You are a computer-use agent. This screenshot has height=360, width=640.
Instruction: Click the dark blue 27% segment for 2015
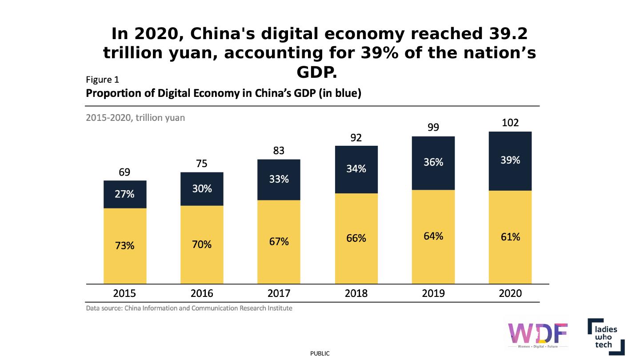125,194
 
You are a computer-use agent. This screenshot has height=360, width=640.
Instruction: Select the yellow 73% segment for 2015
125,245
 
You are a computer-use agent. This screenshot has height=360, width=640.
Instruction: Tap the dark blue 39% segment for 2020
510,160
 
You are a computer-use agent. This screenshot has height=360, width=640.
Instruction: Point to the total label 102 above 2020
510,123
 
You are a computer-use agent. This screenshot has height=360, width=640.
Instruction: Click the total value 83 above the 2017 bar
279,151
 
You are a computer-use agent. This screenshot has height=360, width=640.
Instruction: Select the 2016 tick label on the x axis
202,293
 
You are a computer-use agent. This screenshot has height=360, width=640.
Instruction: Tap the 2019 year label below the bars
433,293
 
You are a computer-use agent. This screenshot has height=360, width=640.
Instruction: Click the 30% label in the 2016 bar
202,188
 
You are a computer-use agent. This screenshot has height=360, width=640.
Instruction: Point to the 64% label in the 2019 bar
433,236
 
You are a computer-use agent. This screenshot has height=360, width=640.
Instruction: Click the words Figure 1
102,80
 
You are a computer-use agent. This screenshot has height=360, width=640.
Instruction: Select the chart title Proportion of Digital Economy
223,94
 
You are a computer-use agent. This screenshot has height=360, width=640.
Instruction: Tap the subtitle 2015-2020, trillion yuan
135,118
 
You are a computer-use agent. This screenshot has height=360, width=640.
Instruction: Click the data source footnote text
189,308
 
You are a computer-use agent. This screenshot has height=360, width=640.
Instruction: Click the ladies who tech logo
606,336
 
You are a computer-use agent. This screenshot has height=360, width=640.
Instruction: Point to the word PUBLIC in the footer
320,353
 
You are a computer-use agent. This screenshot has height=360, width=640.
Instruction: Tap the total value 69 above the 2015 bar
124,172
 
